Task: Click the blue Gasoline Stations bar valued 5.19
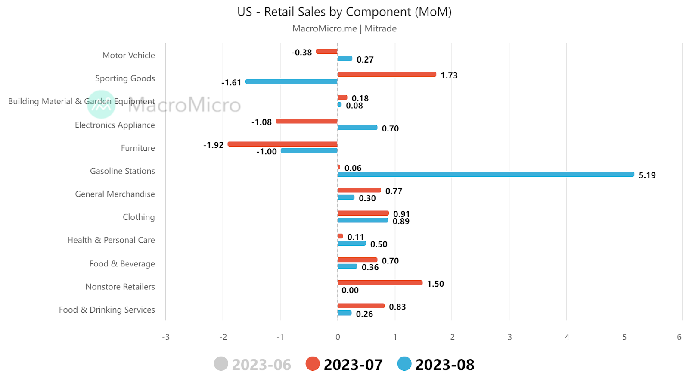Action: tap(486, 174)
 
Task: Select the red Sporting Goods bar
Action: tap(387, 75)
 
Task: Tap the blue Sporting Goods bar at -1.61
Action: tap(292, 81)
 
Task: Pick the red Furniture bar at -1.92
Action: tap(282, 144)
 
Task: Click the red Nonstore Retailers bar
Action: tap(380, 283)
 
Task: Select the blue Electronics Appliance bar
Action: tap(357, 128)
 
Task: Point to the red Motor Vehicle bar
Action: tap(327, 52)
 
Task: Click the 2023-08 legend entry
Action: tap(436, 364)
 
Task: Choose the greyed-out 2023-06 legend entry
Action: tap(253, 364)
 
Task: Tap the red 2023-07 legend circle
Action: tap(313, 364)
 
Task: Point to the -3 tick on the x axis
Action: tap(166, 337)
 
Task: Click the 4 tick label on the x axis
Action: tap(567, 337)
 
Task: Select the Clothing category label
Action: tap(139, 217)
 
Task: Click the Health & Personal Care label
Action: tap(111, 240)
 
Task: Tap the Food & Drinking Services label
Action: tap(107, 310)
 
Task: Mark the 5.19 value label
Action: tap(647, 175)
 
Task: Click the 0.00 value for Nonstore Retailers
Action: tap(350, 290)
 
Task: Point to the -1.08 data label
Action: tap(261, 122)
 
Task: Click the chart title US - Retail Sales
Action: tap(344, 12)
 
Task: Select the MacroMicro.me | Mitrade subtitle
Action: tap(344, 28)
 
